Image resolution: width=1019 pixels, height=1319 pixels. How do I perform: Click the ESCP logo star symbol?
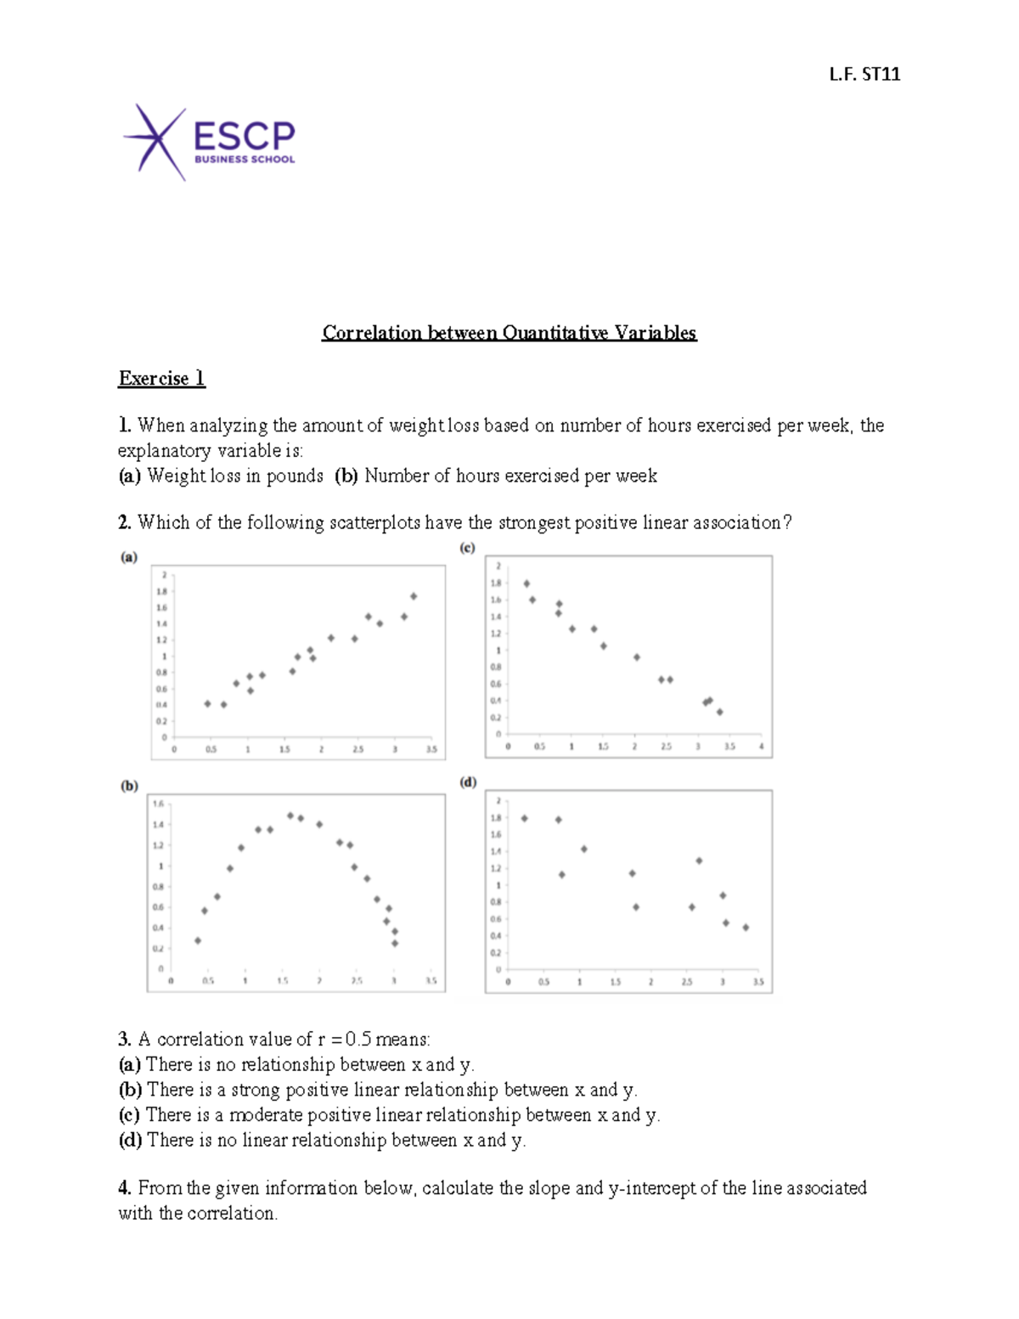(155, 141)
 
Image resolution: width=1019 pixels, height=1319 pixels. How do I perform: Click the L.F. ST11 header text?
(864, 75)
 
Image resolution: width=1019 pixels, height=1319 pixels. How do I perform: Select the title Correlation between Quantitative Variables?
(509, 333)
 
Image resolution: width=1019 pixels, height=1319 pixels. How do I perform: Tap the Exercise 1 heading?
(161, 379)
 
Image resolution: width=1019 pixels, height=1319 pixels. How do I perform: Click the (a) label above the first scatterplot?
(128, 558)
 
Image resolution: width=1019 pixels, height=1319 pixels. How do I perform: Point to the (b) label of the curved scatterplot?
(129, 786)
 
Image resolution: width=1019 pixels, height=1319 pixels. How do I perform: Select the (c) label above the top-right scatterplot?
(467, 548)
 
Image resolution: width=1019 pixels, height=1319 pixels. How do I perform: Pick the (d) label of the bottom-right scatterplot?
(468, 782)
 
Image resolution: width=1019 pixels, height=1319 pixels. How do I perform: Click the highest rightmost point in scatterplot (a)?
(414, 596)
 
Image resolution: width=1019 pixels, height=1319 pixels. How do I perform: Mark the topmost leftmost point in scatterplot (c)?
(526, 583)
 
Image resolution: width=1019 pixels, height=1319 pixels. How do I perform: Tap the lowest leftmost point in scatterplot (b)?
(198, 940)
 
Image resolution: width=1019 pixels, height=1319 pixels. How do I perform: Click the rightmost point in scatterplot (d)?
(746, 927)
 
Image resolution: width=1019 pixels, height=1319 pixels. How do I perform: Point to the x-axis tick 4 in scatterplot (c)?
(761, 747)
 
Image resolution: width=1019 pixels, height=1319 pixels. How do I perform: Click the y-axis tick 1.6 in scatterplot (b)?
(158, 803)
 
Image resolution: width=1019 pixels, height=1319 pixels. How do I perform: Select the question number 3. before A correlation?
(124, 1040)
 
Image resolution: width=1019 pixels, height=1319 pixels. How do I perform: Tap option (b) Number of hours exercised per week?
(496, 476)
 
